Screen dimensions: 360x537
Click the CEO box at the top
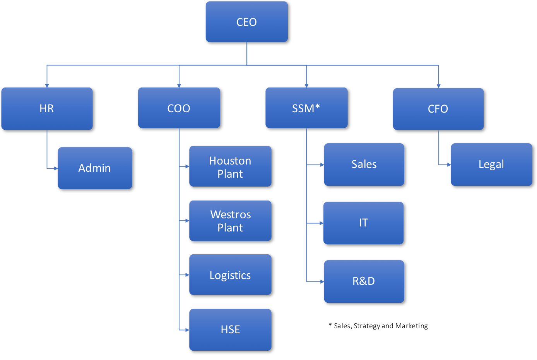246,22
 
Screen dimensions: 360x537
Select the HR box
47,109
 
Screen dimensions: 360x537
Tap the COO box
179,108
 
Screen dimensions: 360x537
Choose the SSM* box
306,108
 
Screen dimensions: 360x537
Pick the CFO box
438,109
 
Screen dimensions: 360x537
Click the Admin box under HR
95,168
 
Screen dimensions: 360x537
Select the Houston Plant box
230,166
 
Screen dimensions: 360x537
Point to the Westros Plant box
230,221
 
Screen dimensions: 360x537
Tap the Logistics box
230,275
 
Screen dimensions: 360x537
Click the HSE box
230,330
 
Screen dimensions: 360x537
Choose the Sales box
364,165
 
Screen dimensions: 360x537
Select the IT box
363,223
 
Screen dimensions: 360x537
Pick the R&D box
364,281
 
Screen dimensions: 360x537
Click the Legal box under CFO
491,165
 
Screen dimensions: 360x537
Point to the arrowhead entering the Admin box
56,168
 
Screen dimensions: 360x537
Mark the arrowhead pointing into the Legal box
449,165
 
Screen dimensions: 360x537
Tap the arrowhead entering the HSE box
187,330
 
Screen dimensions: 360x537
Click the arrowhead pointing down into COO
179,86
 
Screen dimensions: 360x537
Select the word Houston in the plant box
230,161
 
